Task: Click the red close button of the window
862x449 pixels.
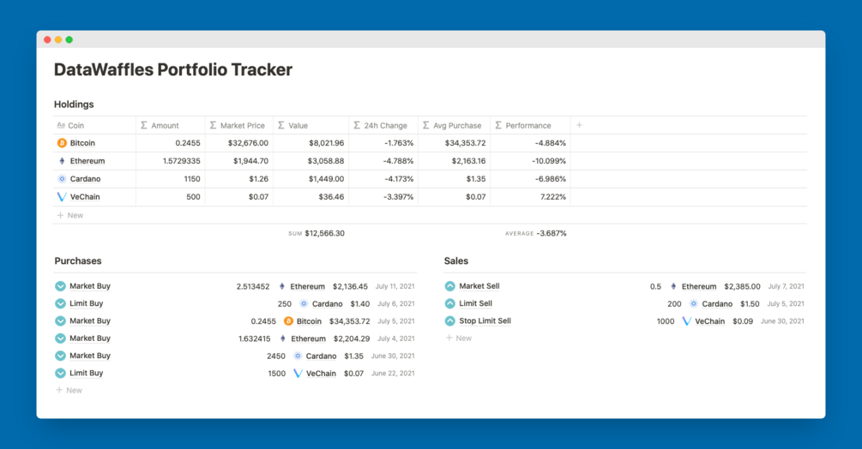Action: (47, 39)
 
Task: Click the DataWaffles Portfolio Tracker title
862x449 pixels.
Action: (173, 70)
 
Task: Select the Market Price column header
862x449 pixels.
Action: (242, 125)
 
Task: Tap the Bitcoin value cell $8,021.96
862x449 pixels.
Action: (326, 143)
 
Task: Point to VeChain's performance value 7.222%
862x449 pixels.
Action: (551, 197)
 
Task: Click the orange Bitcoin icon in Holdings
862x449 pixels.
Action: (62, 143)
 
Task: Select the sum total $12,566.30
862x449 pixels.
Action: (324, 233)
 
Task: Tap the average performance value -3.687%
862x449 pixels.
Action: (551, 233)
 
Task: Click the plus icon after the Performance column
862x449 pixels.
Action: (579, 125)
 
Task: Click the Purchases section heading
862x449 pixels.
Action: (78, 260)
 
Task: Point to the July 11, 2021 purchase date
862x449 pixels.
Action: (395, 286)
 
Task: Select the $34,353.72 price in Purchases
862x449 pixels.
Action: (349, 321)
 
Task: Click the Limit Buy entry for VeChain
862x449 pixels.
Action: (86, 373)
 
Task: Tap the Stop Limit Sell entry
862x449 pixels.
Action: (485, 321)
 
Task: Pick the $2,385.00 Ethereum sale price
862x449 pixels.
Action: (742, 286)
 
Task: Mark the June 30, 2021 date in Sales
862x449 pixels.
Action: (781, 321)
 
